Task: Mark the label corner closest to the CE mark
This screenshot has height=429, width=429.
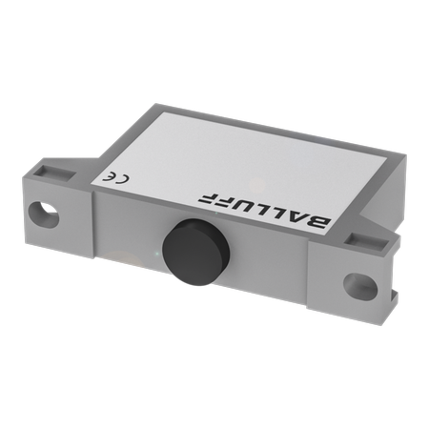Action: [92, 178]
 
